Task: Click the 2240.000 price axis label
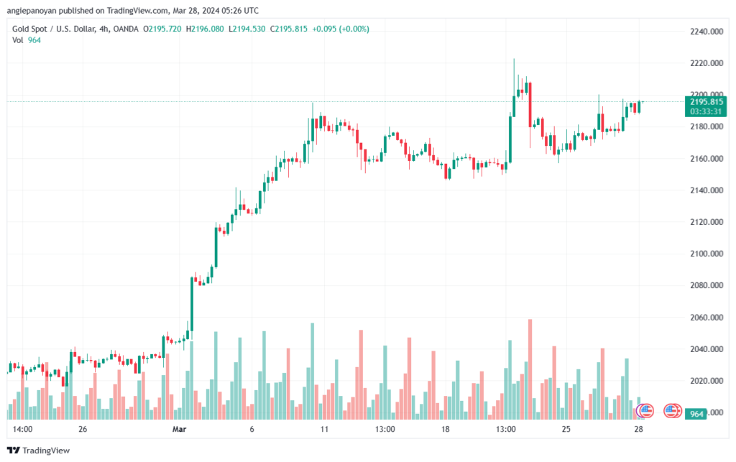(707, 32)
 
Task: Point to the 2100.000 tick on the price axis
(707, 254)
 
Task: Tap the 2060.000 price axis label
(707, 318)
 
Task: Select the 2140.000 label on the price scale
(707, 190)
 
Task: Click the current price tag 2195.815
(707, 102)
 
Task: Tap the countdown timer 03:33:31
(706, 111)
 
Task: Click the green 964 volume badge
(696, 414)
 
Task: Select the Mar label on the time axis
(179, 429)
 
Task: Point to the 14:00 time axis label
(22, 429)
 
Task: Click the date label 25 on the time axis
(566, 429)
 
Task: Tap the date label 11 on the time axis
(324, 429)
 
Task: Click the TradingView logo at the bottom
(39, 451)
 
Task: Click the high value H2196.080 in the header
(205, 29)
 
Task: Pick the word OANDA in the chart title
(126, 29)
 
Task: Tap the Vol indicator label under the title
(18, 40)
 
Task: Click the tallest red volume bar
(530, 369)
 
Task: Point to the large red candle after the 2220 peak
(530, 105)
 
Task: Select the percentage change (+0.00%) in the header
(355, 29)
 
